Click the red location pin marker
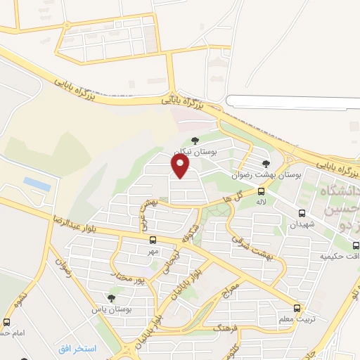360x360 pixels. click(181, 166)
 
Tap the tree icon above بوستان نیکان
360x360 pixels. click(195, 141)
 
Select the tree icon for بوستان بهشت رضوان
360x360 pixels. click(265, 164)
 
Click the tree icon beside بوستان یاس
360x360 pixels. click(110, 298)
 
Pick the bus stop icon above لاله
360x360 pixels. click(262, 191)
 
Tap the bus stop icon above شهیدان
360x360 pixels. click(302, 213)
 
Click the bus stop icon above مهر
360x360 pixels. click(153, 240)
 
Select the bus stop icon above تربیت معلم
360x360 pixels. click(297, 308)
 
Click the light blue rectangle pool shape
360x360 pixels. click(37, 184)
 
